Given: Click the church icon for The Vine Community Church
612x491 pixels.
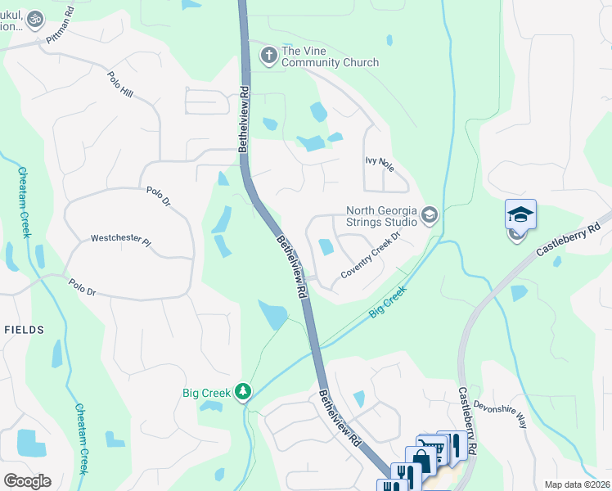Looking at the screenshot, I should point(268,56).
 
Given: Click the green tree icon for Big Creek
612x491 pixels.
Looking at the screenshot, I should point(242,393).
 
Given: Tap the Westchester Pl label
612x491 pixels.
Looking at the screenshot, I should point(120,242).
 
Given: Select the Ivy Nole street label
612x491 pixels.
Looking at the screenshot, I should point(380,165).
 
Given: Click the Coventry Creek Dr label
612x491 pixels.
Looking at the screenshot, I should point(370,255).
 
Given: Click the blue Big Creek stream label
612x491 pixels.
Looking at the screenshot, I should point(387,302).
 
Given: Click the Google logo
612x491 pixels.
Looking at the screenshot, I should point(27,481).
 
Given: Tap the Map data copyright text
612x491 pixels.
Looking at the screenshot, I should point(577,484).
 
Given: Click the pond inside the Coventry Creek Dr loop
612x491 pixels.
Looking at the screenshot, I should point(326,245).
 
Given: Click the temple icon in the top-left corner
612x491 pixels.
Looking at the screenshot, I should point(34,18).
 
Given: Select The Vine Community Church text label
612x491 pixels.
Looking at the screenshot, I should point(330,56).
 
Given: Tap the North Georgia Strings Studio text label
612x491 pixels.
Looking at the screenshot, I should point(381,216).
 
